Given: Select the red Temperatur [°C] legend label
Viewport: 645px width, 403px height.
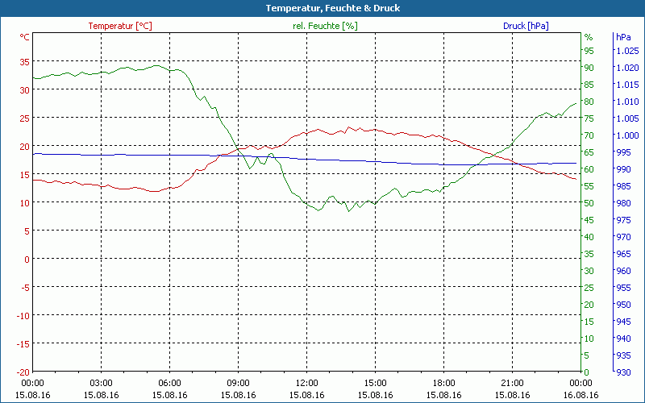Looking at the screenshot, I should [119, 26].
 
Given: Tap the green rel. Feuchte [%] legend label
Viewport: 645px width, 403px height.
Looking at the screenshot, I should [324, 26].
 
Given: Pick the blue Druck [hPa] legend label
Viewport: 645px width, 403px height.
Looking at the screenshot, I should [526, 26].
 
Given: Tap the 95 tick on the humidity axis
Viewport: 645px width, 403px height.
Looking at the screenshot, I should [589, 51].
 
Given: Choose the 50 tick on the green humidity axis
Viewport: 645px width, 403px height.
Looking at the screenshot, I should [589, 203].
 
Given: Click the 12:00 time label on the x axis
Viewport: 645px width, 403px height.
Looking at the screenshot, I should [306, 384].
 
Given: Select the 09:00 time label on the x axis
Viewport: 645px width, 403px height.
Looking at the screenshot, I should [238, 384].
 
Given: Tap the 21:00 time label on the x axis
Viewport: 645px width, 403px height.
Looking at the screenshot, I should [512, 384].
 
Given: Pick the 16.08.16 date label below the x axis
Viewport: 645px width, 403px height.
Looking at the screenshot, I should [580, 395].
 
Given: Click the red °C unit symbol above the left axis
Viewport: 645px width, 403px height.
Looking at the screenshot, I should [25, 37].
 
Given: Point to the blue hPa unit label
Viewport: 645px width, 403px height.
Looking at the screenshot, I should [623, 37].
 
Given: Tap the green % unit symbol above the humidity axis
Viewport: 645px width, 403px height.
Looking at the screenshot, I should [589, 37].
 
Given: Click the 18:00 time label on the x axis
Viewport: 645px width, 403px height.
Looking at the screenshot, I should [443, 384].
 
